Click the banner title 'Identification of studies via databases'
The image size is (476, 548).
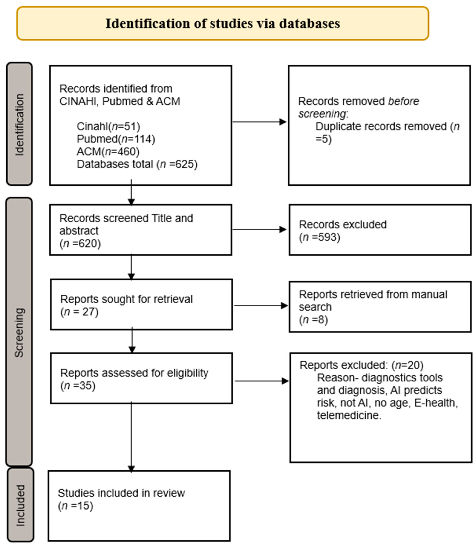click(x=223, y=23)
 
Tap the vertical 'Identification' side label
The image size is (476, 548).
click(x=20, y=125)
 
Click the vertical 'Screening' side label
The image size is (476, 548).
click(x=19, y=332)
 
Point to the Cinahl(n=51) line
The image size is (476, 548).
click(x=108, y=126)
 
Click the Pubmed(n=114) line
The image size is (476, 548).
click(x=116, y=139)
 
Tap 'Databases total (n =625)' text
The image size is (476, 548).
click(x=137, y=164)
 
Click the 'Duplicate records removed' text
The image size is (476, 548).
click(x=381, y=127)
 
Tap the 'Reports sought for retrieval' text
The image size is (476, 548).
click(x=126, y=299)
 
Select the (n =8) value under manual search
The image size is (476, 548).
click(x=313, y=320)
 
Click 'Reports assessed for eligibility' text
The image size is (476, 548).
click(x=134, y=373)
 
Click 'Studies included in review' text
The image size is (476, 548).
click(x=121, y=493)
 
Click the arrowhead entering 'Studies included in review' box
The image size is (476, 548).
click(x=131, y=469)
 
